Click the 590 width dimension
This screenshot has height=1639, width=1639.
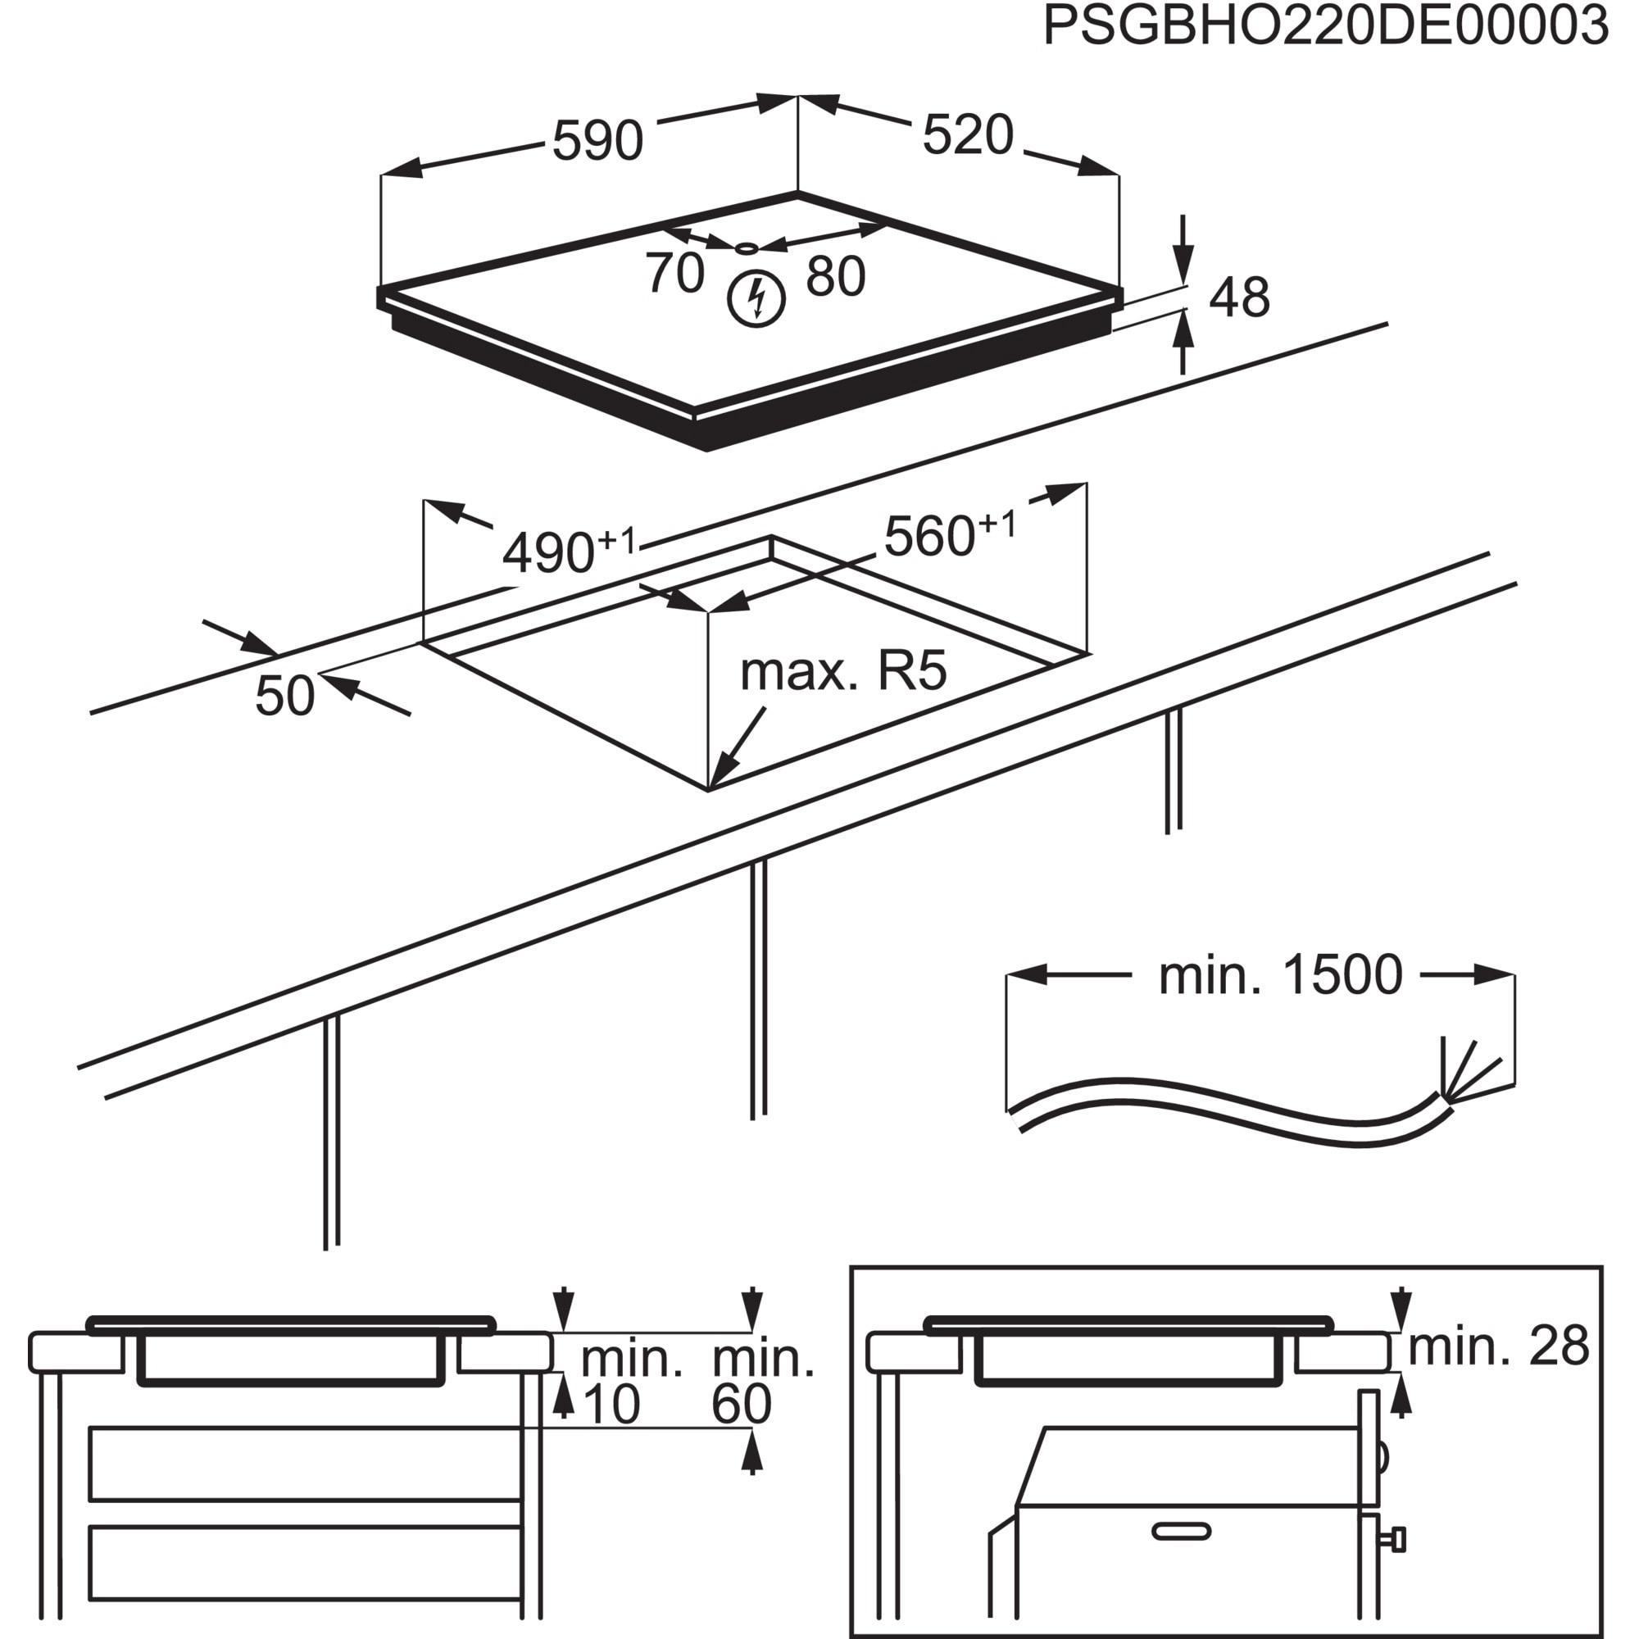point(597,141)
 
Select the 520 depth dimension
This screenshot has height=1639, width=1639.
point(967,135)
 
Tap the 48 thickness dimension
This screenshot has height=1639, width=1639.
point(1238,297)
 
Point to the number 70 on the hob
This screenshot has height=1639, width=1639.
point(674,273)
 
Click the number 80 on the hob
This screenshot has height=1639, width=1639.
point(835,276)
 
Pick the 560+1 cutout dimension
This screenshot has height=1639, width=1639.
point(948,534)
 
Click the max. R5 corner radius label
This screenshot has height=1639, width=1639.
point(842,672)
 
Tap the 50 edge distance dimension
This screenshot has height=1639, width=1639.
point(285,696)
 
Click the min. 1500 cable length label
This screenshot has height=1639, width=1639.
point(1280,975)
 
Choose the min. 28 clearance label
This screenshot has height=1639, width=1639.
point(1498,1346)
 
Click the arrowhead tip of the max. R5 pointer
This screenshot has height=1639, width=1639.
point(713,786)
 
